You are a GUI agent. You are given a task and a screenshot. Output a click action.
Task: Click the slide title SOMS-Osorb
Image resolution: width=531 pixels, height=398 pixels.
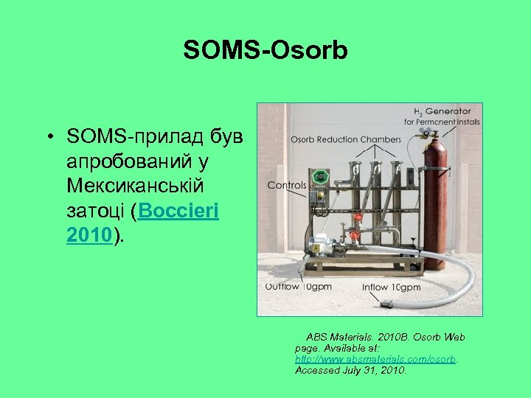pos(265,50)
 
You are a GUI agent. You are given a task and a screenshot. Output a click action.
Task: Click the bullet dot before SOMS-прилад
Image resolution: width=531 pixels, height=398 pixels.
pos(48,137)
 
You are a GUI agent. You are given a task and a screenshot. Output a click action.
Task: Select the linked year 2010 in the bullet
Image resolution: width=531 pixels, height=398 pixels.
pos(89,235)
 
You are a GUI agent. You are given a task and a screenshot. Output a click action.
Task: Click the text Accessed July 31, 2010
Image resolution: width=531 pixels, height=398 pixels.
pos(350,371)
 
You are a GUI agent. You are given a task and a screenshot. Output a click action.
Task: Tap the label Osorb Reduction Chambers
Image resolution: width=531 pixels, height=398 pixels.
pos(345,139)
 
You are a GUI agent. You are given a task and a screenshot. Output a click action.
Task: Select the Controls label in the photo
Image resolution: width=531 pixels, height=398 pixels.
pos(285,186)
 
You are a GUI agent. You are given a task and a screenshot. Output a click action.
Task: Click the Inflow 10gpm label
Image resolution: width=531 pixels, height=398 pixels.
pos(391,287)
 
